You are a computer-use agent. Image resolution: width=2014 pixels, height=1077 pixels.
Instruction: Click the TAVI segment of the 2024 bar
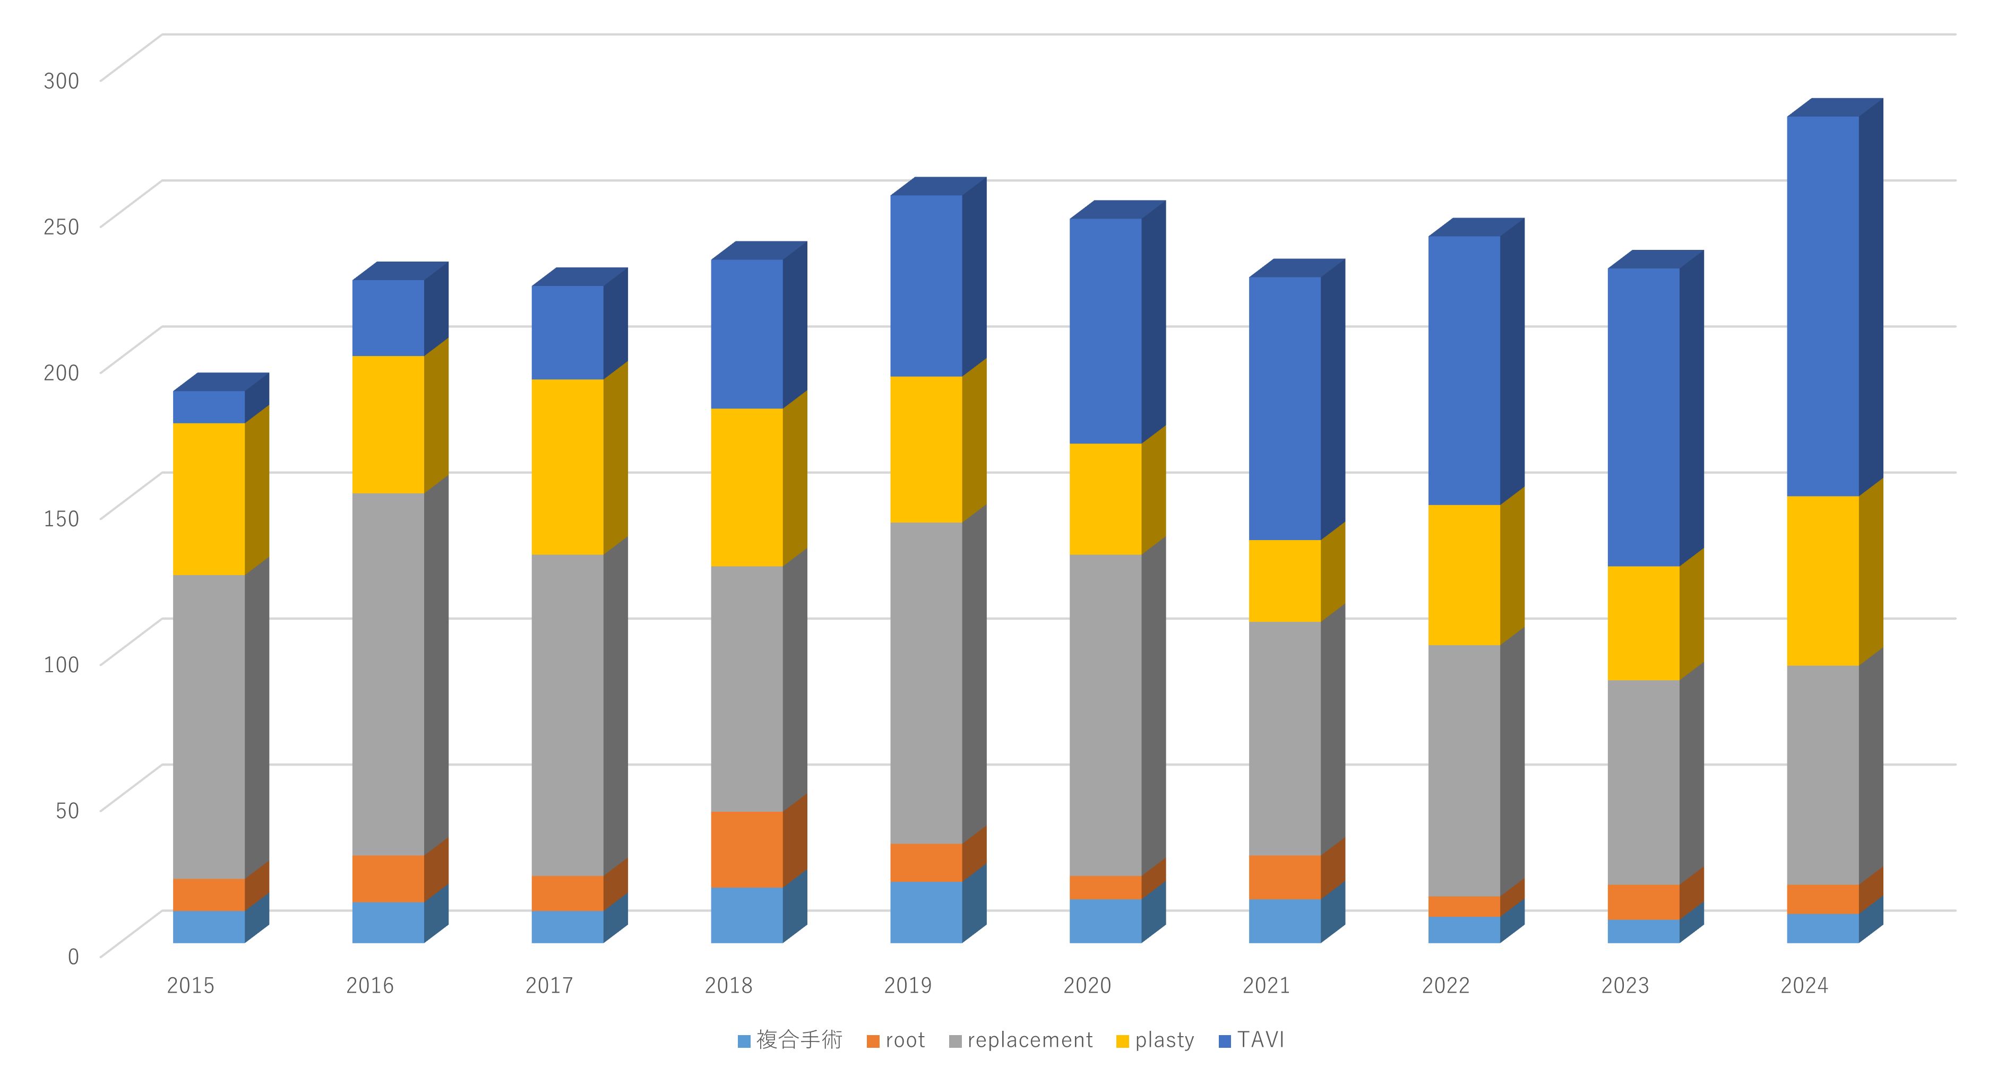[x=1822, y=306]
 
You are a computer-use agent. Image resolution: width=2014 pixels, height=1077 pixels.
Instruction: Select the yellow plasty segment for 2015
[x=209, y=499]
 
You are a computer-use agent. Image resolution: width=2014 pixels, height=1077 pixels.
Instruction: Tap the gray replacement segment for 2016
[x=388, y=674]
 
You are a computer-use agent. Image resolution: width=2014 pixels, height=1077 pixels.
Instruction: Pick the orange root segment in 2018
[x=747, y=849]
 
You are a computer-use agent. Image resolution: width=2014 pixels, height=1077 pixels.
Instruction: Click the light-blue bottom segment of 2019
[x=926, y=912]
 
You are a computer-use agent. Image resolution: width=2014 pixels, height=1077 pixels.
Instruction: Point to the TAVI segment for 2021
[x=1285, y=408]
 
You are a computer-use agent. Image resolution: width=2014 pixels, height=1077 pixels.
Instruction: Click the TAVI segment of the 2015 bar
[x=209, y=406]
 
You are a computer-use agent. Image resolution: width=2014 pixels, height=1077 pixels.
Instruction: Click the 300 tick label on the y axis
[x=61, y=81]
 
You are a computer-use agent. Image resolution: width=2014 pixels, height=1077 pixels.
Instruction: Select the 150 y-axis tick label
[x=61, y=518]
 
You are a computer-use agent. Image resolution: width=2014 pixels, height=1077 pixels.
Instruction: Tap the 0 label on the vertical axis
[x=73, y=957]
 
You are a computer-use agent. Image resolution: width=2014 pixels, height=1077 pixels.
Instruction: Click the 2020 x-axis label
[x=1087, y=986]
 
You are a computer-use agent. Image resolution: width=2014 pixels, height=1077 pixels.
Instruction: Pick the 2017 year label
[x=549, y=986]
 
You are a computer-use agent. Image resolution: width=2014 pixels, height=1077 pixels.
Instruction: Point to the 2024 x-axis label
[x=1804, y=986]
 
